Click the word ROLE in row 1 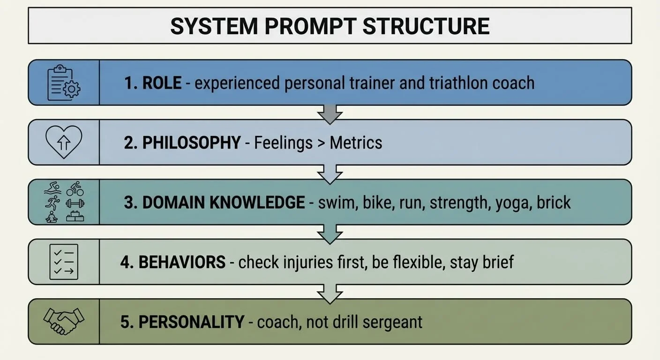[162, 83]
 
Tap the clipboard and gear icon [64, 82]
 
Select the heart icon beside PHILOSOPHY [64, 142]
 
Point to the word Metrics [356, 142]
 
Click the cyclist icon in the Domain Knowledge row [75, 189]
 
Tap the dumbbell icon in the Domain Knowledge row [75, 203]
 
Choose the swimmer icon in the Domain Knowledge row [52, 189]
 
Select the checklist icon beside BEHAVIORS [64, 262]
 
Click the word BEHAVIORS [182, 262]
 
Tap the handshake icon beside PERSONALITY [64, 321]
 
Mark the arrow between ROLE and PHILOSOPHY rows [330, 113]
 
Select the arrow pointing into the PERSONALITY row [330, 292]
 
